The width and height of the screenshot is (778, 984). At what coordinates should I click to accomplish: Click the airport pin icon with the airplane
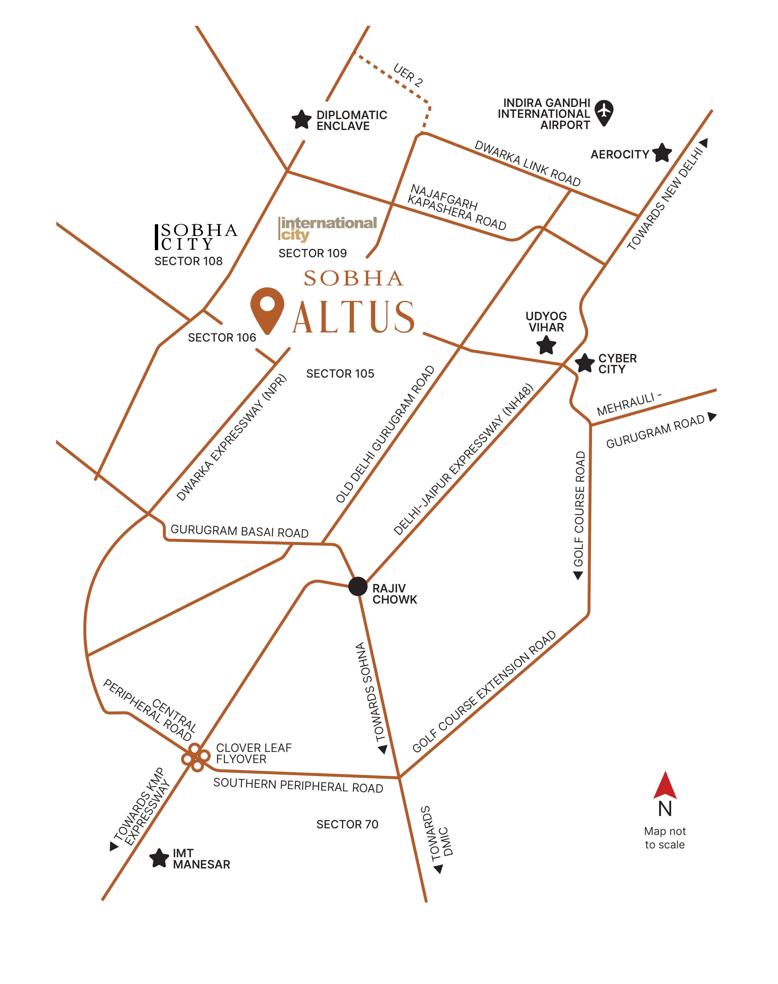[x=604, y=112]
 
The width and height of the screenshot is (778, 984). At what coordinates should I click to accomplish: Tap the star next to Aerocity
[x=662, y=153]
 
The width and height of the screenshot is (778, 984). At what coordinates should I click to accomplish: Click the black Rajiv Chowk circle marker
[x=358, y=586]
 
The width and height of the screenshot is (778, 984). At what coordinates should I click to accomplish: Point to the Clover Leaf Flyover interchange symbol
[x=195, y=757]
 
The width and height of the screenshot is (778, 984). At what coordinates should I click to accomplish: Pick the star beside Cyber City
[x=584, y=363]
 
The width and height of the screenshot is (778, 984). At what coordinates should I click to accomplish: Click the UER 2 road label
[x=408, y=75]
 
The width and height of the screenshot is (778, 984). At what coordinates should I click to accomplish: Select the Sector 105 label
[x=340, y=374]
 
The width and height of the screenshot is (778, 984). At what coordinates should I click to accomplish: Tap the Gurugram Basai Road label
[x=240, y=531]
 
